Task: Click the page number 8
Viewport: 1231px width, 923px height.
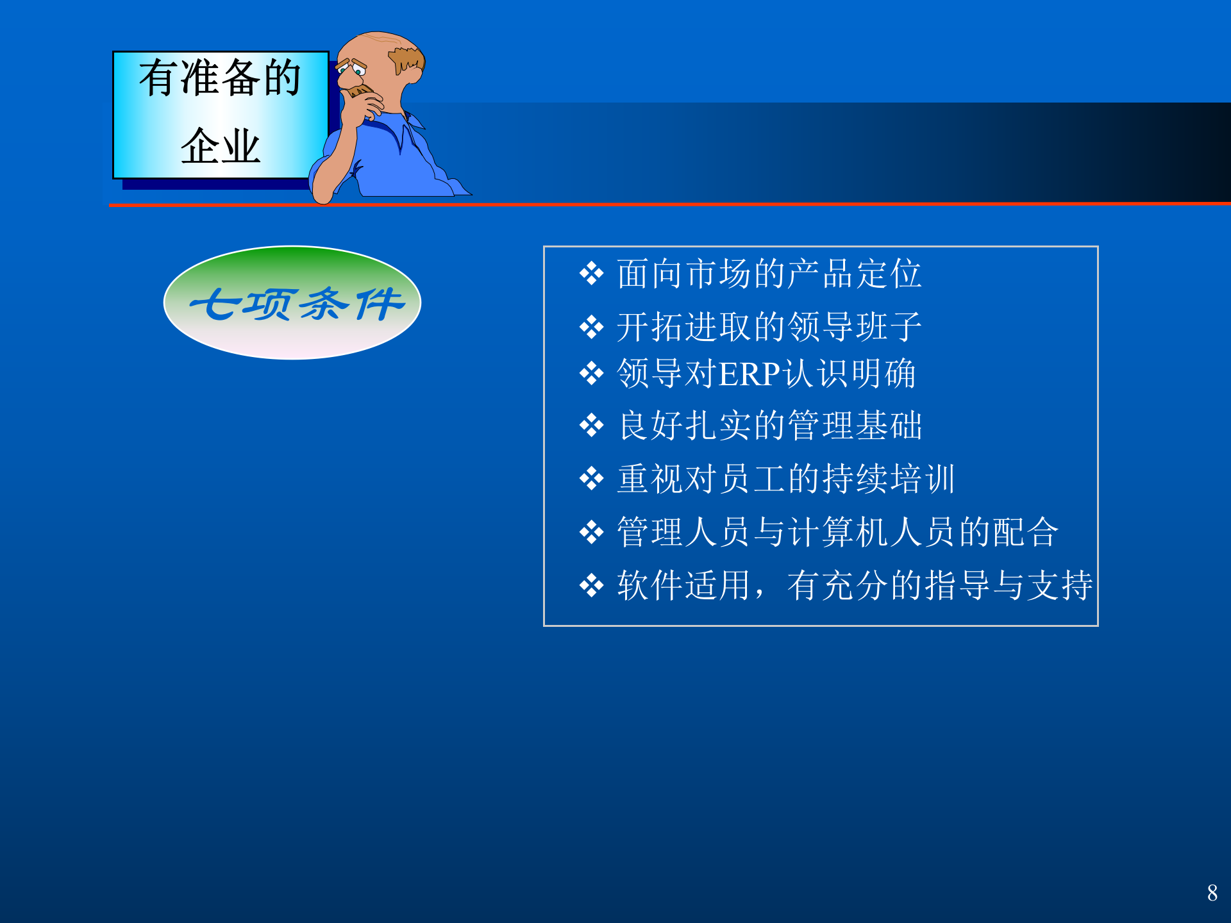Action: tap(1212, 893)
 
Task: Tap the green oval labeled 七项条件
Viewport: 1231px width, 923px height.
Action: tap(292, 303)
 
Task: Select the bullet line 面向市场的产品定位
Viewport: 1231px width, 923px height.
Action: tap(769, 274)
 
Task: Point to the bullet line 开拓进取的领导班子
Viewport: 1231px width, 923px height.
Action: tap(769, 327)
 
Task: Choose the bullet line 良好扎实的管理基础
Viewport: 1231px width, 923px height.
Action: tap(769, 426)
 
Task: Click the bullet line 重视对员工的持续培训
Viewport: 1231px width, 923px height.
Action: tap(786, 479)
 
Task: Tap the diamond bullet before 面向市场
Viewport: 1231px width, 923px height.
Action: tap(591, 274)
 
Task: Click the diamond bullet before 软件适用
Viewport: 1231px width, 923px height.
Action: tap(591, 585)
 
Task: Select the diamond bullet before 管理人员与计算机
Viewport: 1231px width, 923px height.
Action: tap(591, 532)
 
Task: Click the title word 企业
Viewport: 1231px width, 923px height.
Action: tap(220, 146)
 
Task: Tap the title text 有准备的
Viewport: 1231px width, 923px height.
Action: tap(220, 78)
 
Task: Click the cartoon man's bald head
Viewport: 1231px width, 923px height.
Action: tap(372, 45)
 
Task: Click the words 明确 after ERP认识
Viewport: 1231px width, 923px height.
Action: tap(884, 374)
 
